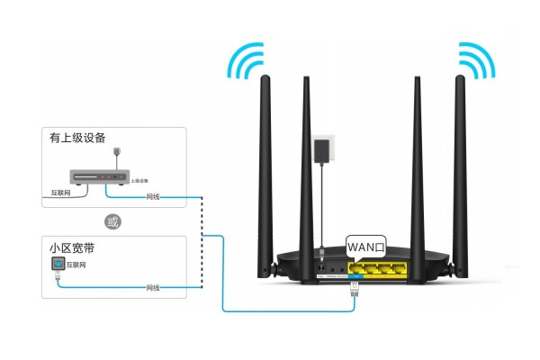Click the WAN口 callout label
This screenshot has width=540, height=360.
point(366,244)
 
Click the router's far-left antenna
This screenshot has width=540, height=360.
point(268,171)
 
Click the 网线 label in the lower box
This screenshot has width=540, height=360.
point(152,287)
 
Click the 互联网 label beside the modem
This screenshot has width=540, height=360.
point(60,193)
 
